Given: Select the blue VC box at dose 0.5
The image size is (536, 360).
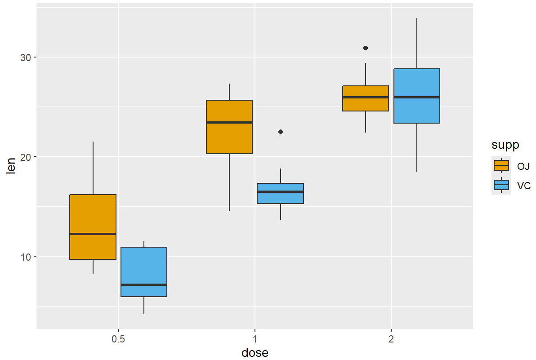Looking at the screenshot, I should [x=144, y=265].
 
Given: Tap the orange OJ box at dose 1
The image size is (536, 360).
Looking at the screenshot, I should [x=229, y=135].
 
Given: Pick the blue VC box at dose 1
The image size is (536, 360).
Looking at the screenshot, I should [x=280, y=198].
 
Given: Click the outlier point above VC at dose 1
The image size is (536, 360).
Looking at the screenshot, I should [x=281, y=132].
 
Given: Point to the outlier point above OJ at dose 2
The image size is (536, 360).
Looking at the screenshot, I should [x=366, y=48].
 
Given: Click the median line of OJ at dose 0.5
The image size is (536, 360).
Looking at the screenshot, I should [x=93, y=234].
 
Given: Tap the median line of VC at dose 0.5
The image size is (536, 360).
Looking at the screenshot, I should [x=144, y=284].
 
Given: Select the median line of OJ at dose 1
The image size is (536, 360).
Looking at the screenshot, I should [x=229, y=122].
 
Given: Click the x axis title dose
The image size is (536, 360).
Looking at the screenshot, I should [x=255, y=353].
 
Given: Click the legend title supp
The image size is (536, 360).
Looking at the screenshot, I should [x=505, y=145].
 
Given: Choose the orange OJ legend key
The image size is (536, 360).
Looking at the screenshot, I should [x=501, y=165].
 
